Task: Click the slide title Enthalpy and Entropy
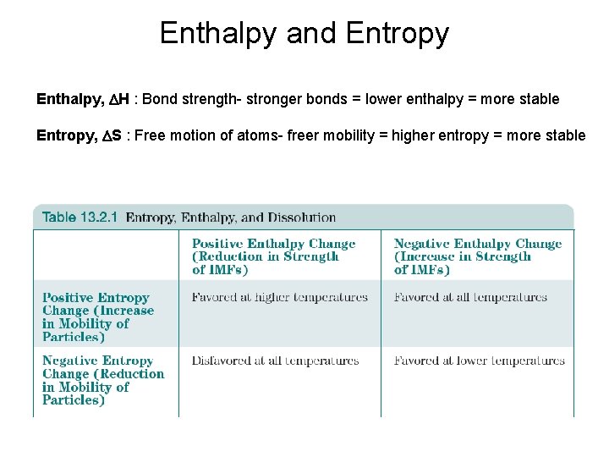point(304,33)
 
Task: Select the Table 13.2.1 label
point(80,217)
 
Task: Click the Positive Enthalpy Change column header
point(273,256)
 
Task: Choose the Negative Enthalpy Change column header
point(477,256)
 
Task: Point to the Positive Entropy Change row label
point(97,317)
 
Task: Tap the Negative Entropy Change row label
point(102,380)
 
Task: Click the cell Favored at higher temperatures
point(279,297)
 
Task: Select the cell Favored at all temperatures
point(470,297)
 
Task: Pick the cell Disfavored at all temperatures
point(275,361)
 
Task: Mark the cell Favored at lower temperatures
point(479,361)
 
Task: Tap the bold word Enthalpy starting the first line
point(68,99)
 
